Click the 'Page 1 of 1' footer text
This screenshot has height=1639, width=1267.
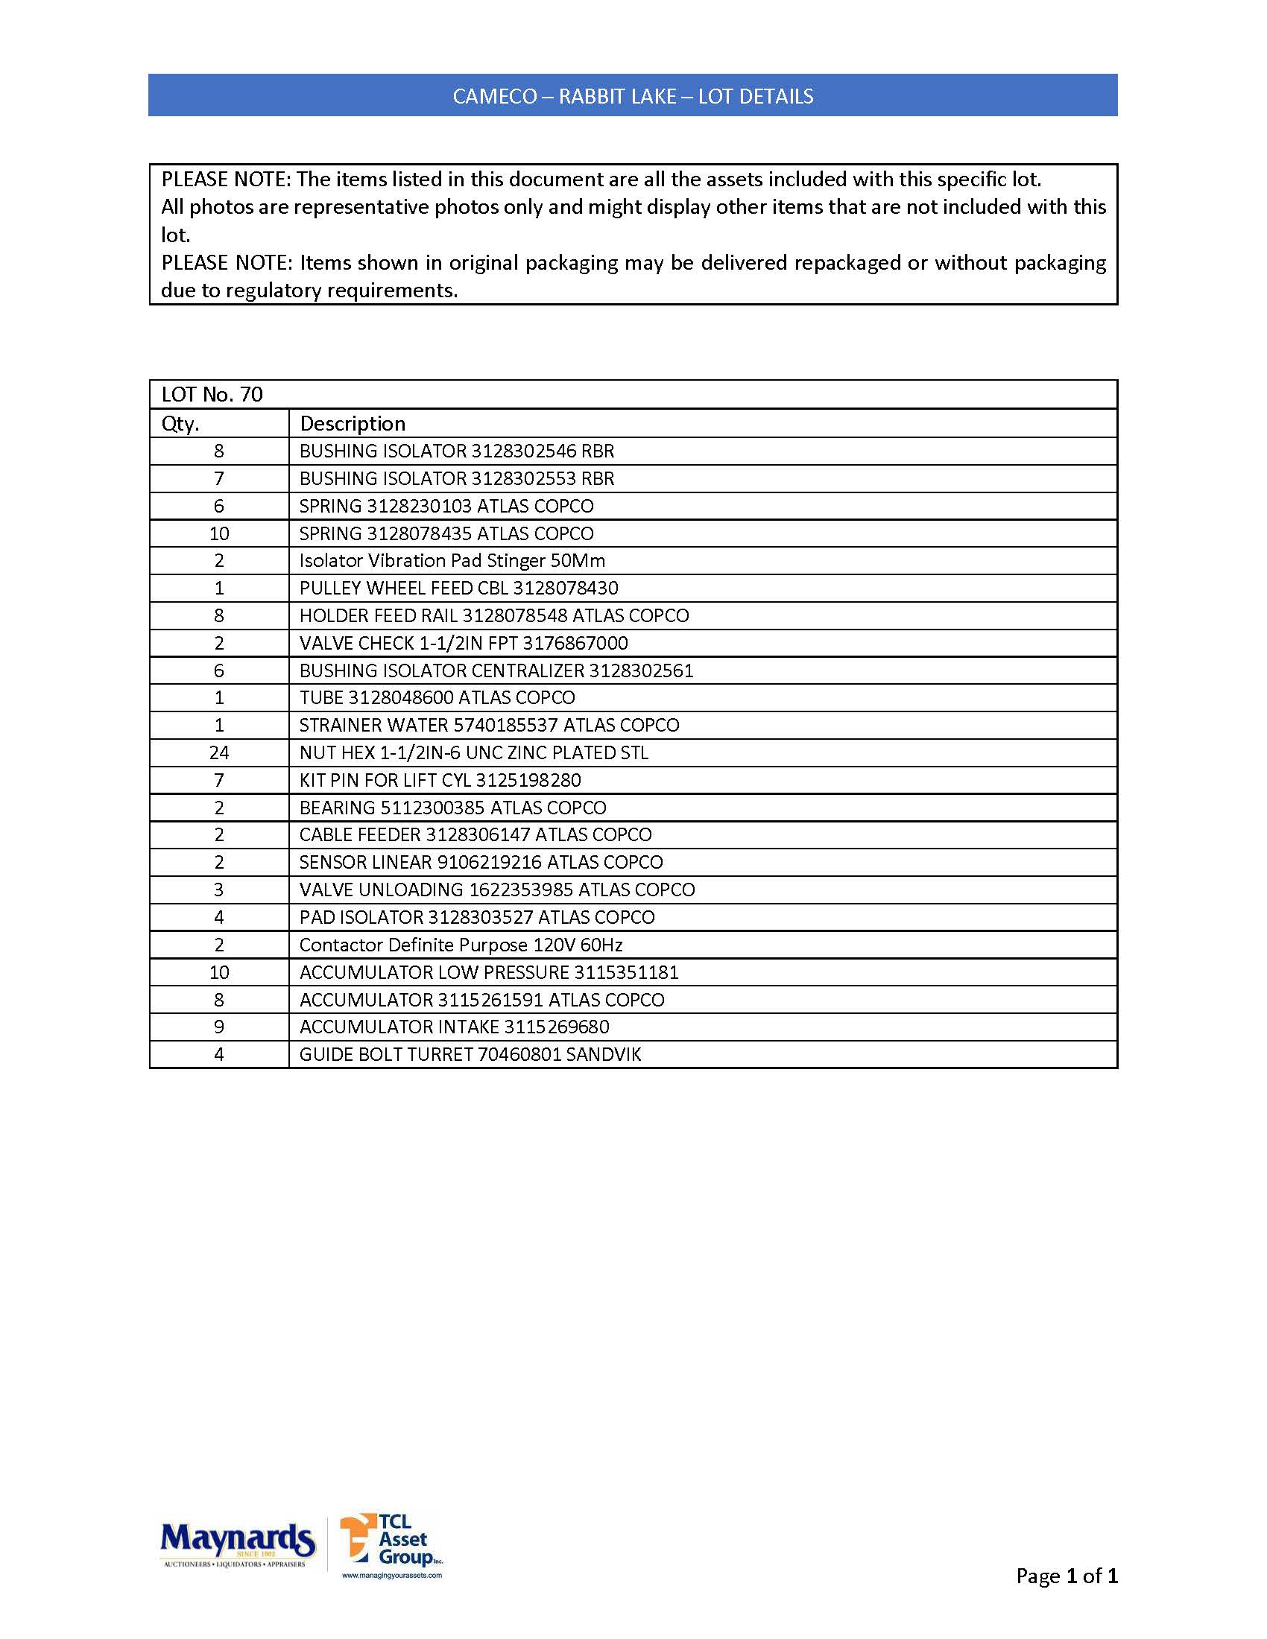point(1066,1575)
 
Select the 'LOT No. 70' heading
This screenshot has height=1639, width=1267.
point(212,395)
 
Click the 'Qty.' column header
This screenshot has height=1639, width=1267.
point(180,424)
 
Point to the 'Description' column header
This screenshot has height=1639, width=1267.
point(352,424)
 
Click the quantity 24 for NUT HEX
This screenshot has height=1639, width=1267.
point(219,752)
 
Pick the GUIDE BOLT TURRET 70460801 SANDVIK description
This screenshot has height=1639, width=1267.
point(470,1054)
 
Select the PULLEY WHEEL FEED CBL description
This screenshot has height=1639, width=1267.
point(458,589)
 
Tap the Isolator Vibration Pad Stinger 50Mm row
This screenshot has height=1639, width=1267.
point(452,560)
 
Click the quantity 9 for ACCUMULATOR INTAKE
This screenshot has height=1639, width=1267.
point(219,1027)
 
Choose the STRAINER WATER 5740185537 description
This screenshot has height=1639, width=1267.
point(489,725)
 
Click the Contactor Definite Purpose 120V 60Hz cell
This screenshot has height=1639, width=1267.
point(461,945)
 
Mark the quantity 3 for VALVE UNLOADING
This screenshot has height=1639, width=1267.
point(219,890)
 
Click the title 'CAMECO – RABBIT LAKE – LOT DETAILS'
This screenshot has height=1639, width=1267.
point(633,96)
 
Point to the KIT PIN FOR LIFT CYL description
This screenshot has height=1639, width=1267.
point(440,781)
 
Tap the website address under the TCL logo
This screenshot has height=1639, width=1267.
point(392,1575)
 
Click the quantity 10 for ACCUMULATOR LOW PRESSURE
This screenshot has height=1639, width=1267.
point(219,972)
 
